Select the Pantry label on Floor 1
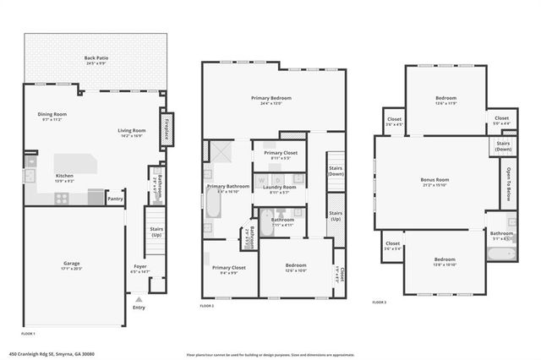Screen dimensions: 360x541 coord(115,199)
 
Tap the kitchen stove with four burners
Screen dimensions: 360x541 coord(62,198)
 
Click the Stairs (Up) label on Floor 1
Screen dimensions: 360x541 coord(156,232)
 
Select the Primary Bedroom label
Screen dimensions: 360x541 coord(271,98)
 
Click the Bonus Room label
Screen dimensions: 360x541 coord(434,180)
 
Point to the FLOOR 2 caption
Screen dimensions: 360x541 coord(207,305)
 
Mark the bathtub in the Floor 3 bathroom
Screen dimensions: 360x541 coord(501,252)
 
